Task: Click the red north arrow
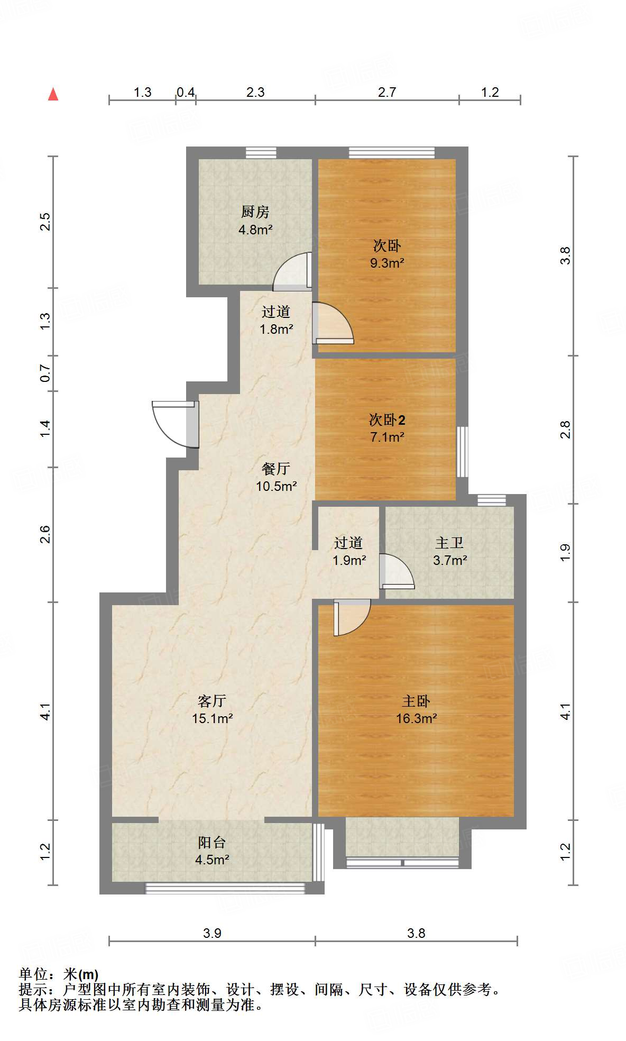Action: coord(53,94)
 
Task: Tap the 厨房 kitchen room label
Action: coord(255,212)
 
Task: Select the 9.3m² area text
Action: coord(387,263)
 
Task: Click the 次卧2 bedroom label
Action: coord(387,420)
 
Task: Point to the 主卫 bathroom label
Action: coord(449,543)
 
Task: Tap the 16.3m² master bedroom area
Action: coord(416,718)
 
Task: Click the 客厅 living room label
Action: coord(211,701)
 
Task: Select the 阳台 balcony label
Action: coord(211,842)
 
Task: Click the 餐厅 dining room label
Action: coord(276,469)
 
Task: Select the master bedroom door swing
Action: coord(352,617)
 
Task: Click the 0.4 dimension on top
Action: coord(186,93)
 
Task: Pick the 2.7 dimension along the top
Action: coord(386,93)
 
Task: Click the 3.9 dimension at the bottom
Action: coord(212,933)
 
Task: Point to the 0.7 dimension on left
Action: coord(45,373)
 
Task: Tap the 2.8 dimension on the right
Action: coord(566,429)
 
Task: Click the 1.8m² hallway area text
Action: coord(276,329)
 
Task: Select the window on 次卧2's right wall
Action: coord(463,451)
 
